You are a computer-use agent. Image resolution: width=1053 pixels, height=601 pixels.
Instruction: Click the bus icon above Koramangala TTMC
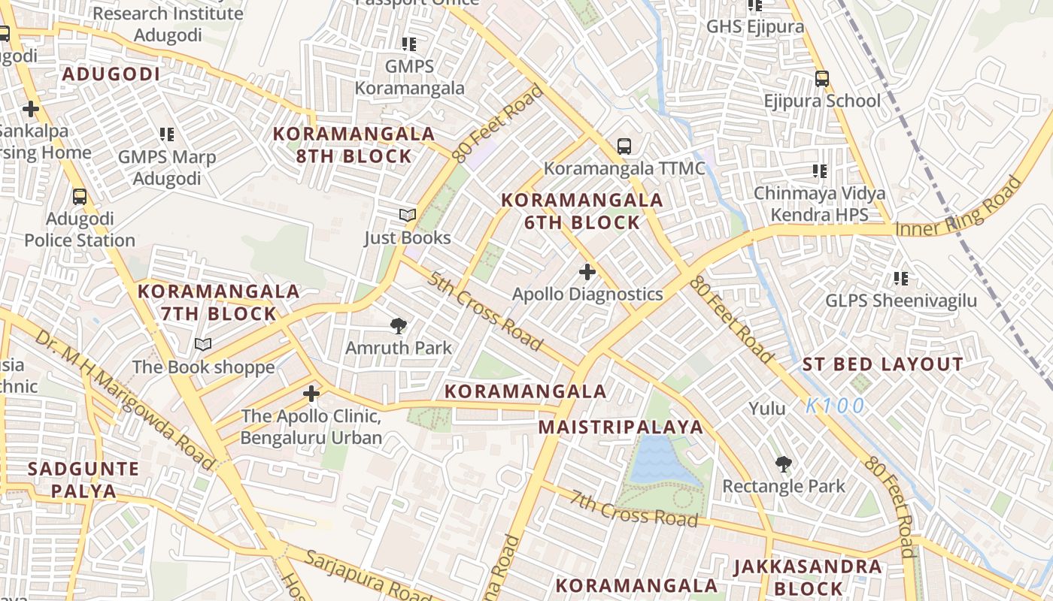pos(624,146)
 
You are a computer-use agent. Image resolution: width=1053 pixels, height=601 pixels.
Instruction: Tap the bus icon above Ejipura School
pos(821,78)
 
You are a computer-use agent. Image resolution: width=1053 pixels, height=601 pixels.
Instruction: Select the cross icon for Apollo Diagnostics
pos(587,271)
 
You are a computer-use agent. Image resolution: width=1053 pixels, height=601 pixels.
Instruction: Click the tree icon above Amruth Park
pos(399,325)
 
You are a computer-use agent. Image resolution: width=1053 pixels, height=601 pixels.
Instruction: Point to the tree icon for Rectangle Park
pos(784,464)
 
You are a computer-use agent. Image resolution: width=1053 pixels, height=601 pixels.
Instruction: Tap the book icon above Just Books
pos(408,215)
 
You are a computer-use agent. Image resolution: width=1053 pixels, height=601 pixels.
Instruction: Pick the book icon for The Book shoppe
pos(203,344)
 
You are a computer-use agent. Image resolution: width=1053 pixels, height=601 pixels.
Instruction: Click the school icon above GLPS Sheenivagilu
pos(900,279)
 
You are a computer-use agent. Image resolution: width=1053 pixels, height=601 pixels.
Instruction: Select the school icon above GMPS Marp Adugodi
pos(166,134)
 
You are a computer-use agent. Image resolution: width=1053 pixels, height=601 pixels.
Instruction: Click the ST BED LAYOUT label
pos(882,365)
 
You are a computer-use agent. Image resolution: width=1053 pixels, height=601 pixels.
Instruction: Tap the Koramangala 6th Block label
pos(582,211)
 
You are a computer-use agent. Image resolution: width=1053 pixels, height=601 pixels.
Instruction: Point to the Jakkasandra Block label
pos(808,576)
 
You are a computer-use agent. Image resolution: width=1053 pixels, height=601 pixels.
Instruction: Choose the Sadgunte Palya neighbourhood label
pos(83,480)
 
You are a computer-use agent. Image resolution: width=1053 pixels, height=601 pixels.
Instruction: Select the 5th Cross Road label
pos(486,311)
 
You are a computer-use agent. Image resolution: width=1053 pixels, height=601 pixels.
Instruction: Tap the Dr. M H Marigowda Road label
pos(125,401)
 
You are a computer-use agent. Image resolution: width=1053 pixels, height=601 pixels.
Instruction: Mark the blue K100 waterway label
pos(835,406)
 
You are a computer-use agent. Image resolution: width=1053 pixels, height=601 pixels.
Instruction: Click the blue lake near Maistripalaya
pos(655,460)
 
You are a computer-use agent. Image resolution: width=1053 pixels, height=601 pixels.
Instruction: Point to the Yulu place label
pos(767,409)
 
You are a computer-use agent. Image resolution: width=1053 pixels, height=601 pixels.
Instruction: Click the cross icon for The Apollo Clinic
pos(311,393)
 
